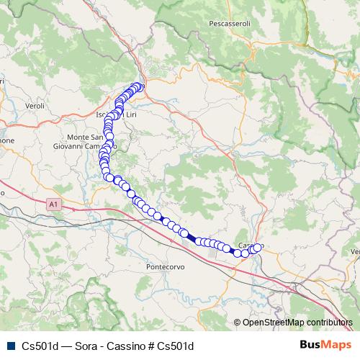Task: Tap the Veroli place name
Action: (35, 105)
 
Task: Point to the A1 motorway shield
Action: (53, 204)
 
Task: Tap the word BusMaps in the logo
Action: (321, 345)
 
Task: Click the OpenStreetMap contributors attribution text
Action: (297, 323)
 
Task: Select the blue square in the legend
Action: (10, 346)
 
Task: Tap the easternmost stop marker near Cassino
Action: (258, 248)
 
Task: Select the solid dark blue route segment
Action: (189, 235)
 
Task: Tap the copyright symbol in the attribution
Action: (238, 323)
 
